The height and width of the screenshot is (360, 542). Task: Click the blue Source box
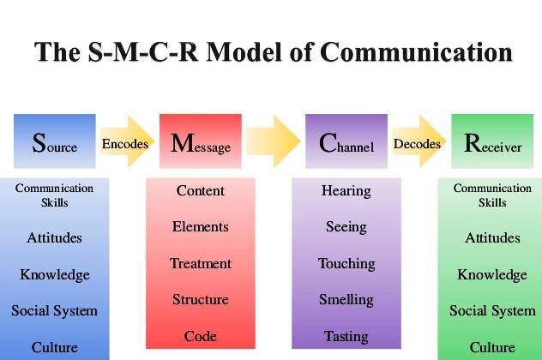55,141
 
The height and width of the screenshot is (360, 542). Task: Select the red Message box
201,141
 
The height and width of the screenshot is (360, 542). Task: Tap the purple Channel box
346,141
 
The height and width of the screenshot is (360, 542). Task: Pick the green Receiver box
492,141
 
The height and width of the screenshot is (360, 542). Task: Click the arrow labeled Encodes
127,141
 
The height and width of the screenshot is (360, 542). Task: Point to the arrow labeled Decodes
419,141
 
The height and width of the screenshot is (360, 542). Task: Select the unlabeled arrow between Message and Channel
273,141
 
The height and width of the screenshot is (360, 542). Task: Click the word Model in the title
244,52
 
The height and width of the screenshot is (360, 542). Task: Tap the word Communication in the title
416,52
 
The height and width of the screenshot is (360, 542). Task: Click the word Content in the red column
201,190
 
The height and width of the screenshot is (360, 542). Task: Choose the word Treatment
201,264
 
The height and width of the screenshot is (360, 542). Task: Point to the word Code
201,336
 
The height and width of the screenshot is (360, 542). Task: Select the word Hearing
346,191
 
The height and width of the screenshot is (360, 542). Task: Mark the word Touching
346,264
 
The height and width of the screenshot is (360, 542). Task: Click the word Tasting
346,337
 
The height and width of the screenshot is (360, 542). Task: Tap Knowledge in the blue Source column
55,275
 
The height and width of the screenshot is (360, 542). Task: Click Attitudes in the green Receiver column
492,237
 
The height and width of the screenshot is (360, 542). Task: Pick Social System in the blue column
54,311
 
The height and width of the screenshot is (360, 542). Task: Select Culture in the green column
492,347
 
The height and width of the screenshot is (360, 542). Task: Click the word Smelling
346,300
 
